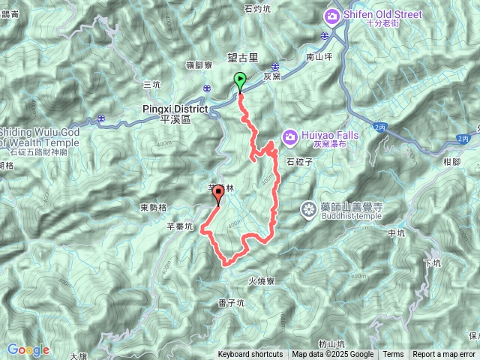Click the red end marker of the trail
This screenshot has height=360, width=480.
coord(218,195)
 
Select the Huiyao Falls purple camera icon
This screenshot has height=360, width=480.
coord(290,136)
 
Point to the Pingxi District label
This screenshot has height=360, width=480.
coord(175,109)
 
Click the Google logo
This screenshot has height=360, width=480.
coord(28,349)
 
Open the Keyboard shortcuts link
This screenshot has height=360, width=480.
coord(250,355)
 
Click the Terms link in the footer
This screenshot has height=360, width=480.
coord(393,355)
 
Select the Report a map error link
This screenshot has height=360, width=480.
coord(444,355)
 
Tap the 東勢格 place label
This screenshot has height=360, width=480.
coord(153,206)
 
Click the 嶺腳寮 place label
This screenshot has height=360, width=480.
coord(199,65)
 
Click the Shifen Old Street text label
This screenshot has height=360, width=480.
coord(383,14)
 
